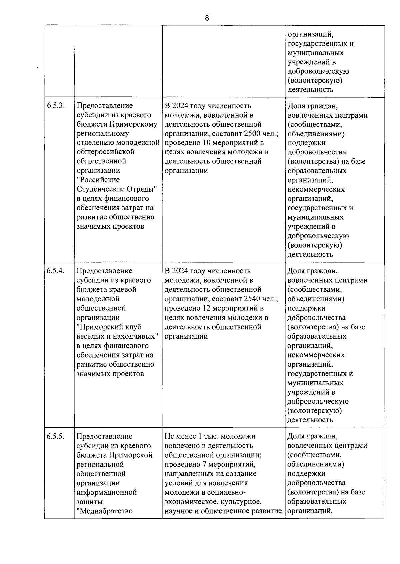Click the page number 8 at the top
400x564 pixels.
pyautogui.click(x=207, y=18)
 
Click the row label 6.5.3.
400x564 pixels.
pyautogui.click(x=55, y=106)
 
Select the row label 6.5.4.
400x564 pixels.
pyautogui.click(x=55, y=271)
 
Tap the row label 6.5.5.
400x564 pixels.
pyautogui.click(x=55, y=436)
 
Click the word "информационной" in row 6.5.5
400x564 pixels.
pyautogui.click(x=107, y=492)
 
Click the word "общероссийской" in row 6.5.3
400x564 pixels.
pyautogui.click(x=106, y=152)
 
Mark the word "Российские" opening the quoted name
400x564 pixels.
pyautogui.click(x=98, y=180)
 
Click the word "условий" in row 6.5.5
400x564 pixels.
pyautogui.click(x=177, y=483)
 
